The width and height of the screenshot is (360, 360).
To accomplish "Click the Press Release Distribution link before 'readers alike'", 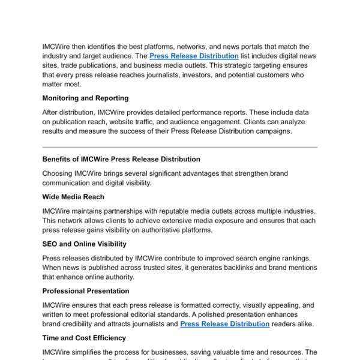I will [x=224, y=324].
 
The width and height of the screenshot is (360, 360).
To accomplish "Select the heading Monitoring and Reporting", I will [x=85, y=98].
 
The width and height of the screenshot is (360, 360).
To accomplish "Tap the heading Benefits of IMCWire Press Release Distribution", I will [x=121, y=159].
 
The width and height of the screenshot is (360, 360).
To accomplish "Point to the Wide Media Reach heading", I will [x=73, y=197].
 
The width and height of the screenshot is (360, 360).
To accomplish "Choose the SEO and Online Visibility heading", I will [x=84, y=244].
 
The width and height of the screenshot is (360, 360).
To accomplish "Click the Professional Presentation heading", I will [x=86, y=291].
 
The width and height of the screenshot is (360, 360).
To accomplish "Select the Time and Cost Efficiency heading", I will [x=84, y=338].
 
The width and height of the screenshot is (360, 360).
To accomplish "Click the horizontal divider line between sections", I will [x=180, y=147].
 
